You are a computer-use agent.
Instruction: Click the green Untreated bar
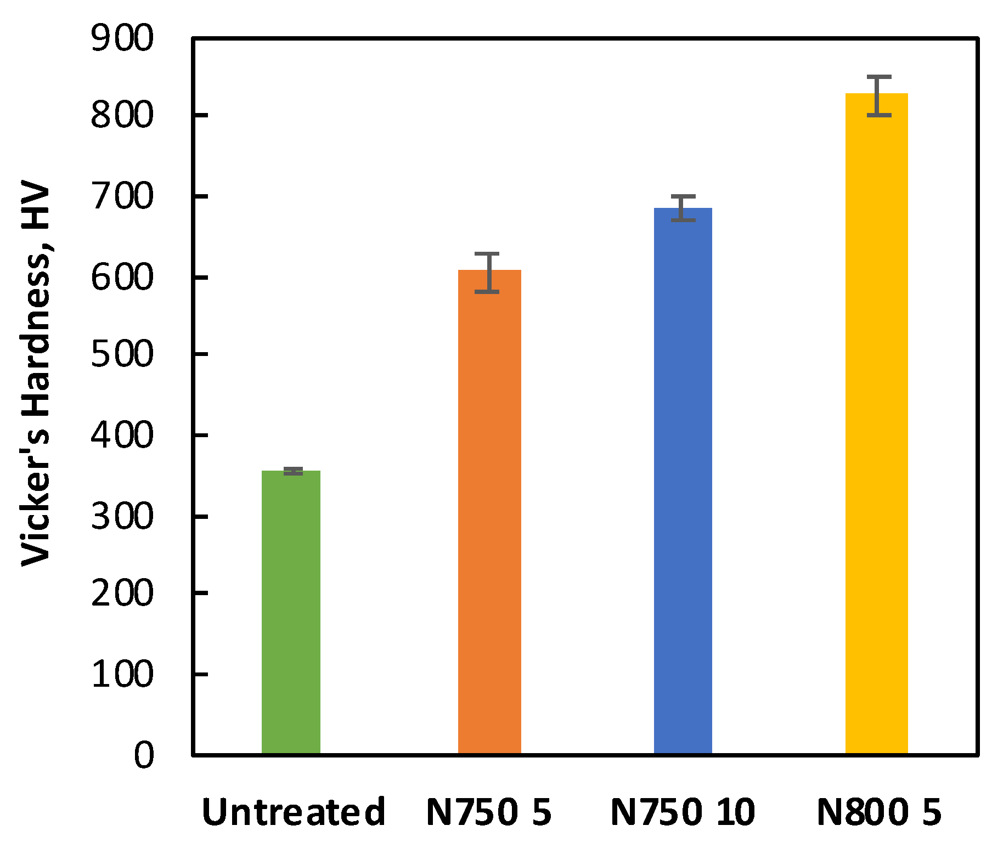coord(291,612)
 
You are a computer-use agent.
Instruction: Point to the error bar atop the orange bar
coord(487,273)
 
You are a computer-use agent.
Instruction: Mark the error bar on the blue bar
coord(683,208)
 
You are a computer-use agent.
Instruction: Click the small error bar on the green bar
coord(294,471)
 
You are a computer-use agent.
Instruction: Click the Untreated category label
coord(294,812)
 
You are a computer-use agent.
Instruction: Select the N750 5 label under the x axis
coord(488,812)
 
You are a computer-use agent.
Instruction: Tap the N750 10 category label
coord(683,812)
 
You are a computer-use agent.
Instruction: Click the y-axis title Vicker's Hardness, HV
coord(36,376)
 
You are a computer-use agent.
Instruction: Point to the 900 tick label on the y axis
coord(122,39)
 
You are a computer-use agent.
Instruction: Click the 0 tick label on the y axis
coord(144,755)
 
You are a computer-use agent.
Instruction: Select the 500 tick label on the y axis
coord(122,355)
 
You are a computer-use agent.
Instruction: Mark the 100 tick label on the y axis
coord(122,674)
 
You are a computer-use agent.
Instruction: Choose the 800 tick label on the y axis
coord(122,116)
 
